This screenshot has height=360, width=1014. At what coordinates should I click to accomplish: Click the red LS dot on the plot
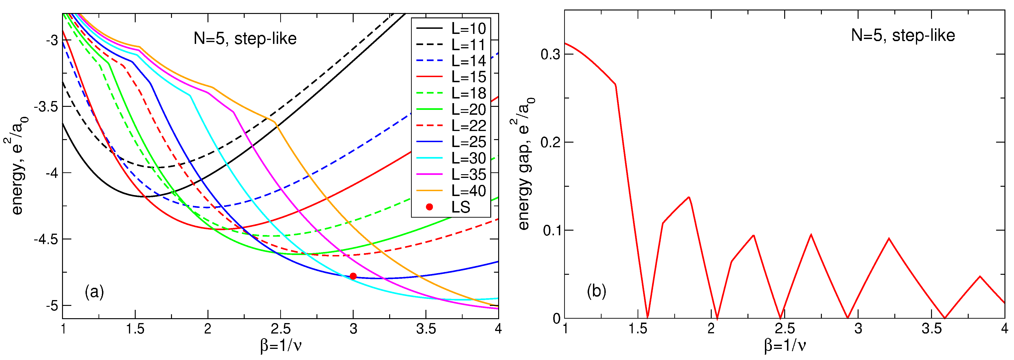click(x=353, y=276)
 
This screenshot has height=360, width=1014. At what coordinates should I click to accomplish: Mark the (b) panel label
click(x=596, y=291)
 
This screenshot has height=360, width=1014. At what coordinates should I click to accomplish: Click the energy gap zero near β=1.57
click(x=648, y=317)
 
